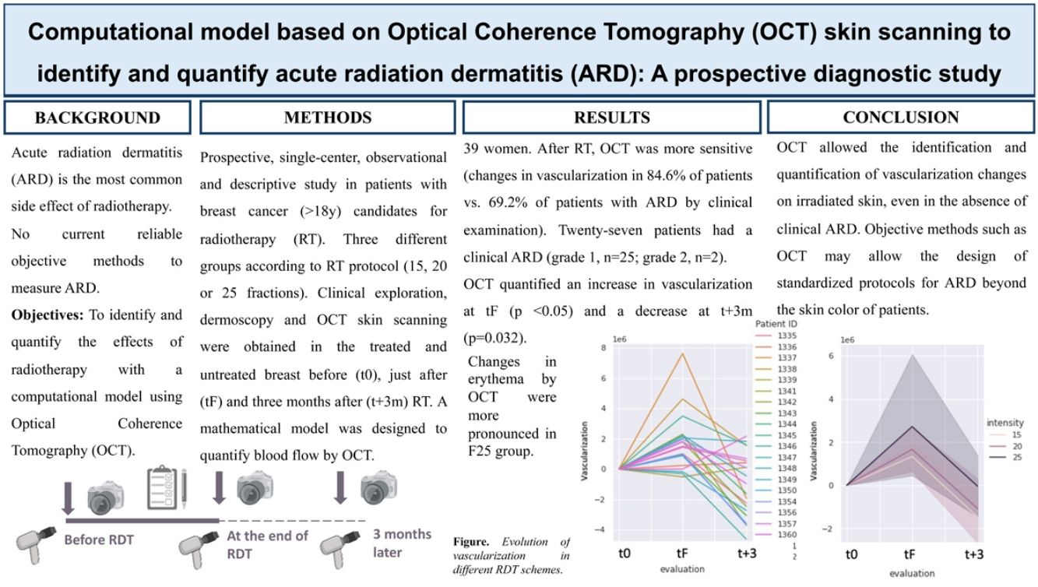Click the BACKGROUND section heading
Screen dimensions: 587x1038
[97, 118]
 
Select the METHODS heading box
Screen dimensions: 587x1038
[327, 118]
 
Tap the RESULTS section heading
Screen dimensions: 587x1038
[611, 118]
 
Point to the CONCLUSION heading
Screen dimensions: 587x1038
[900, 118]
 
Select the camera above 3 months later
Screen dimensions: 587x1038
[378, 488]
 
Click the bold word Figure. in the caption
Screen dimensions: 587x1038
[473, 542]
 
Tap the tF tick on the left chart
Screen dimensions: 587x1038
[682, 554]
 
